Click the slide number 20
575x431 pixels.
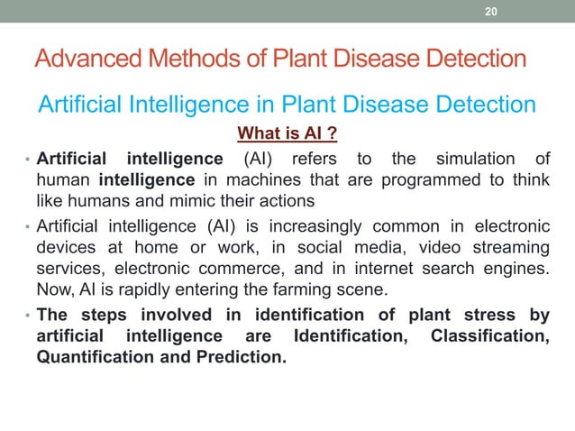point(491,12)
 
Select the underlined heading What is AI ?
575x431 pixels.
point(287,135)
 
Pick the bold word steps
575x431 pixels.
point(105,315)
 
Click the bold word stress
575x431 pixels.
point(491,315)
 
